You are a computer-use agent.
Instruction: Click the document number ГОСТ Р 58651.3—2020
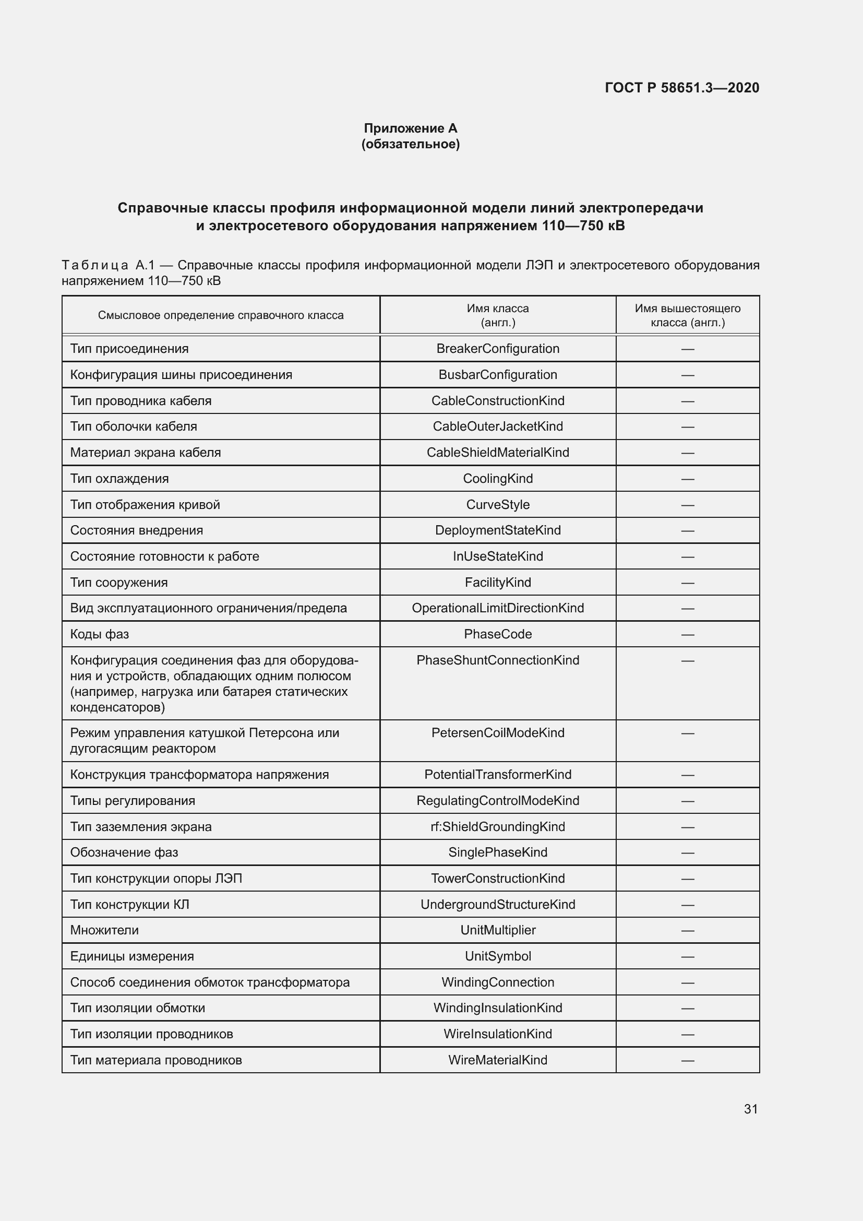pyautogui.click(x=682, y=88)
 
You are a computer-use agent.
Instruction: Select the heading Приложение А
pyautogui.click(x=410, y=128)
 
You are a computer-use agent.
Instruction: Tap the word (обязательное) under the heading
pyautogui.click(x=410, y=144)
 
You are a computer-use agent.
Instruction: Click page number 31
pyautogui.click(x=750, y=1109)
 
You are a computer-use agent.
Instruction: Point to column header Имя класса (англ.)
pyautogui.click(x=497, y=315)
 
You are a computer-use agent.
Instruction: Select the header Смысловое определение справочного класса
pyautogui.click(x=221, y=315)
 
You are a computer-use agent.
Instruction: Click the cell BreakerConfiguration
pyautogui.click(x=497, y=349)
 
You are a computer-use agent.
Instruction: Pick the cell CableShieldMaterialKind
pyautogui.click(x=497, y=453)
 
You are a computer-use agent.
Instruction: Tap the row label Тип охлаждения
pyautogui.click(x=119, y=479)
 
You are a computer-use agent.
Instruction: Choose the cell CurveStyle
pyautogui.click(x=497, y=505)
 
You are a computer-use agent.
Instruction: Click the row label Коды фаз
pyautogui.click(x=99, y=634)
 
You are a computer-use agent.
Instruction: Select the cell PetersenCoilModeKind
pyautogui.click(x=497, y=733)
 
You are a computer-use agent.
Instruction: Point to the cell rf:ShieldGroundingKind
pyautogui.click(x=497, y=826)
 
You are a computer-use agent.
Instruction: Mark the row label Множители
pyautogui.click(x=104, y=930)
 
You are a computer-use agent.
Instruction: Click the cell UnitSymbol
pyautogui.click(x=497, y=956)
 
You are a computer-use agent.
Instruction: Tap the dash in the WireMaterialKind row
pyautogui.click(x=688, y=1060)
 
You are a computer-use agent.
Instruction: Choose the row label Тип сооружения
pyautogui.click(x=119, y=583)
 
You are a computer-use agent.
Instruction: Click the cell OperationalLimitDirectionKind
pyautogui.click(x=497, y=608)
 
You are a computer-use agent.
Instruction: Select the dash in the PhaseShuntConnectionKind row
pyautogui.click(x=688, y=660)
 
